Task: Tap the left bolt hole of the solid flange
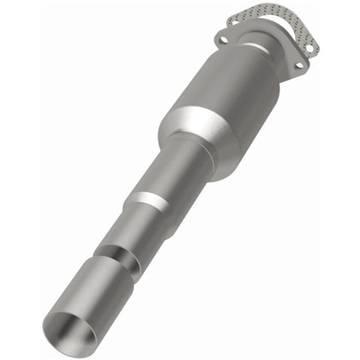pos(224,39)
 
